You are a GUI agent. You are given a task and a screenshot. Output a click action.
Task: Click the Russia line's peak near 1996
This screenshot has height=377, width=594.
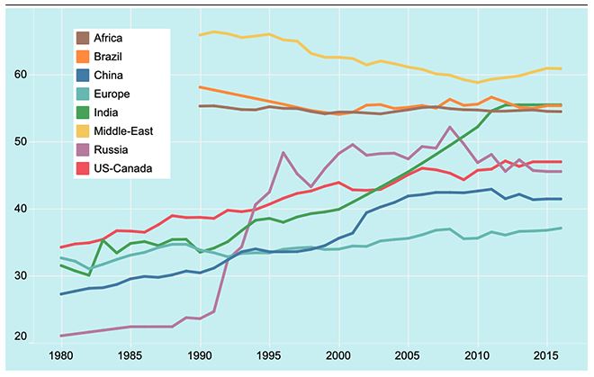[283, 153]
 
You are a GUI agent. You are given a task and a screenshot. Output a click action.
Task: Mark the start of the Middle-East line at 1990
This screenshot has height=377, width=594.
[200, 35]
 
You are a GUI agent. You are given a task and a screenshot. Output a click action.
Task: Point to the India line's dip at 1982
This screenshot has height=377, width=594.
[88, 274]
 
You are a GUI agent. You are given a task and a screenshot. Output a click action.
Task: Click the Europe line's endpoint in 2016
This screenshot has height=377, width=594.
[562, 228]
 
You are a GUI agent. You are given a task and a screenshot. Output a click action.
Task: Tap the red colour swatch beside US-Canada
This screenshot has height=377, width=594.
[85, 167]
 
